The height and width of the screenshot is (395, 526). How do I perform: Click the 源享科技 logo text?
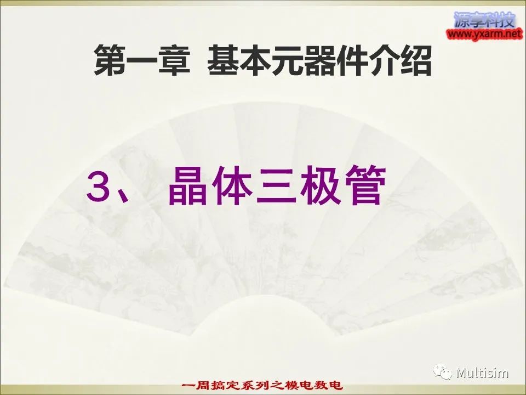pyautogui.click(x=484, y=21)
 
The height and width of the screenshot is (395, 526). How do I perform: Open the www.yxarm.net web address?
pyautogui.click(x=484, y=35)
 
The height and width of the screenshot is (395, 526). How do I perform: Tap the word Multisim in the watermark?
pyautogui.click(x=482, y=374)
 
